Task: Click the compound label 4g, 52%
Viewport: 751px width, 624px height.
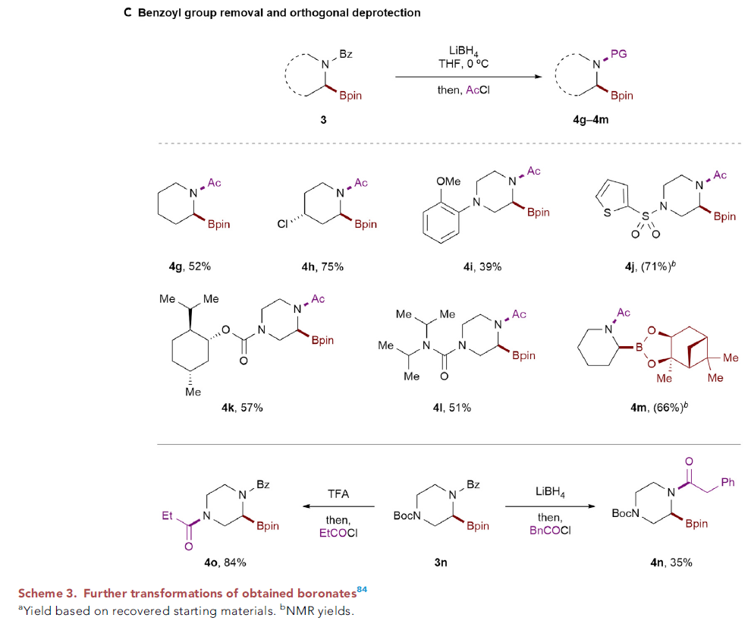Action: point(190,266)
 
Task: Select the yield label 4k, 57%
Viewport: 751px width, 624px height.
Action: point(237,408)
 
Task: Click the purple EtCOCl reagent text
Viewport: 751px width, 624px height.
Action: point(338,533)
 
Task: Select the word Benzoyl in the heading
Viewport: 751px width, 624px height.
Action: point(160,14)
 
